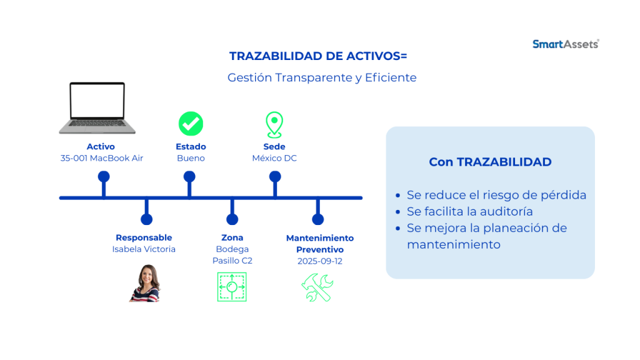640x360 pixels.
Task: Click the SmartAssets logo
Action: [566, 44]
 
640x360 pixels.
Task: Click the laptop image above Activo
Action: [97, 108]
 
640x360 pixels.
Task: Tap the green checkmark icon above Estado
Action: [191, 124]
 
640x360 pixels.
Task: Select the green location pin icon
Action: [274, 125]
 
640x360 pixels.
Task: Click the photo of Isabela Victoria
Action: [145, 283]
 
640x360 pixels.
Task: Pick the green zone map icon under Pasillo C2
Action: [232, 287]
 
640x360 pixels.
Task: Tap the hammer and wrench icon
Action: [317, 287]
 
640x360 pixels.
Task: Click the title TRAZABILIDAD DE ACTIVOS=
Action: [318, 56]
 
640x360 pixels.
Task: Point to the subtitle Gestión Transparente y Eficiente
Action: [322, 77]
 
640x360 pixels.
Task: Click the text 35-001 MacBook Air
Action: [102, 158]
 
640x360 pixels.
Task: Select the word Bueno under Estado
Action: [191, 158]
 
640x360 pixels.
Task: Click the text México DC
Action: [274, 158]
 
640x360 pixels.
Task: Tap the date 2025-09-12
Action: [319, 261]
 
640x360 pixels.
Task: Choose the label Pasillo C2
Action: [232, 261]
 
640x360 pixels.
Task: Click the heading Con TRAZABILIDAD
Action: [490, 162]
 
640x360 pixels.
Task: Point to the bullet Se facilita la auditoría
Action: [470, 211]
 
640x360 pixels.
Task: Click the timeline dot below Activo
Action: [104, 177]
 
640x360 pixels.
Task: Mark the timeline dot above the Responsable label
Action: [146, 219]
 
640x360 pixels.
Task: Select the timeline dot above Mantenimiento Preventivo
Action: [318, 219]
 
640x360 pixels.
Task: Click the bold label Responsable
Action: [144, 237]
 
